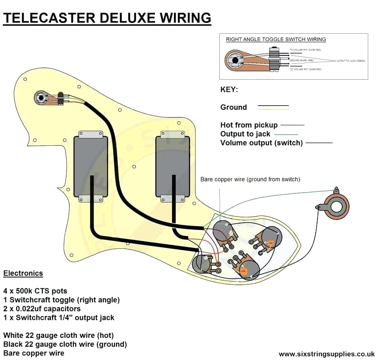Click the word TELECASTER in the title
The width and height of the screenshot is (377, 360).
coord(42,18)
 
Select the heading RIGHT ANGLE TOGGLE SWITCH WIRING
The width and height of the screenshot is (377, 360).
coord(276,40)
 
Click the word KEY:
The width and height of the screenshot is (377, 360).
coord(229,90)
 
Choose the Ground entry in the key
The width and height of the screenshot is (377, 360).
coord(233,107)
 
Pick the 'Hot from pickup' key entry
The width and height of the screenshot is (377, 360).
coord(249,125)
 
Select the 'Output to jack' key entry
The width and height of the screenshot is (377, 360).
coord(245,134)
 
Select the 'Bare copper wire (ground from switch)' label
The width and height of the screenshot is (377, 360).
coord(250,179)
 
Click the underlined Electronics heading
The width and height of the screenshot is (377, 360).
coord(23,273)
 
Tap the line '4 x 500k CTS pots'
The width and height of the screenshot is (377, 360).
coord(35,291)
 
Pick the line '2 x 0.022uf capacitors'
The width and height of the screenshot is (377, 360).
coord(42,309)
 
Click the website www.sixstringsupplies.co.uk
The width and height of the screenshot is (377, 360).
coord(326,354)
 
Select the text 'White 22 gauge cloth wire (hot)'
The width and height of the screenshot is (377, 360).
coord(58,335)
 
